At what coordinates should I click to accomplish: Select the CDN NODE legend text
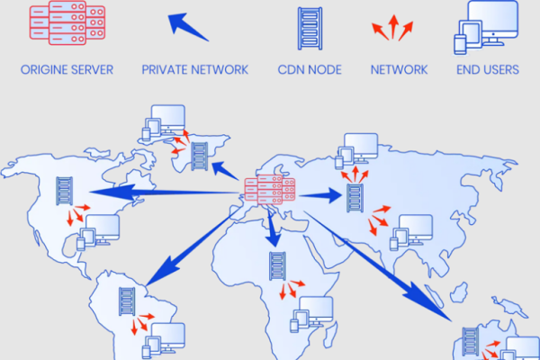[x=309, y=70]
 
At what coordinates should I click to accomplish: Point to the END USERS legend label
[x=486, y=70]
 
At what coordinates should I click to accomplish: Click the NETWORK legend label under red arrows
[x=399, y=70]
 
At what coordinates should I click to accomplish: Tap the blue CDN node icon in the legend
[x=309, y=27]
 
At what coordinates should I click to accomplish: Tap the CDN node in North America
[x=65, y=191]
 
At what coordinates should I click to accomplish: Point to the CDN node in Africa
[x=276, y=267]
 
